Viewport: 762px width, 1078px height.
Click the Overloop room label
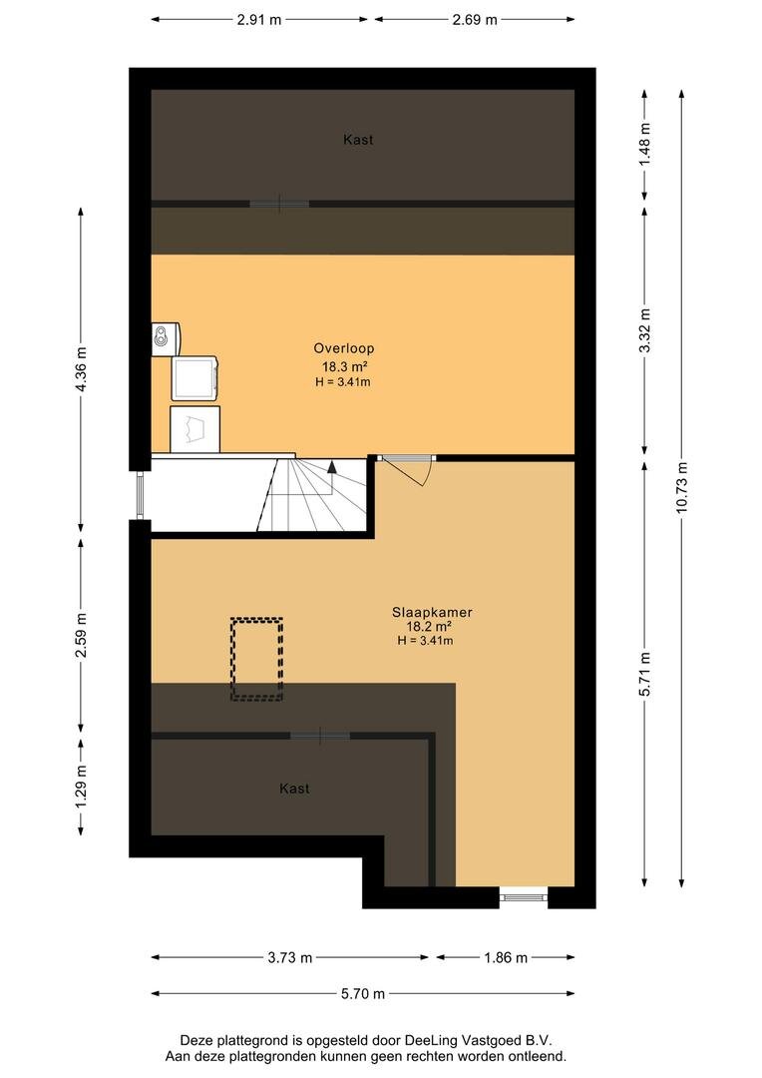click(x=343, y=348)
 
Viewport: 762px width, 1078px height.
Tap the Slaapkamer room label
click(x=432, y=612)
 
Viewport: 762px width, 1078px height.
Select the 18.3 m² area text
click(x=344, y=366)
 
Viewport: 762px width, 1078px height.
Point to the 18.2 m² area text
click(x=429, y=626)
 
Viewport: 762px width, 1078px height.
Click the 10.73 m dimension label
click(x=681, y=487)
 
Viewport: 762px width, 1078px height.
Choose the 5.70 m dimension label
click(x=363, y=993)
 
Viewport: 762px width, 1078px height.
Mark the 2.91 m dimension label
click(x=259, y=19)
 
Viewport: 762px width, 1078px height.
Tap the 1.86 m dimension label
click(x=506, y=957)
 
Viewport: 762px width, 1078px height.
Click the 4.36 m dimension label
click(x=81, y=369)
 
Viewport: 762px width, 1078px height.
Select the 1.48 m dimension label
click(x=644, y=145)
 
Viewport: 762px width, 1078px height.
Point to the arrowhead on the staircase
click(x=332, y=467)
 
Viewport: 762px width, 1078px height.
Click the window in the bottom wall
click(x=523, y=896)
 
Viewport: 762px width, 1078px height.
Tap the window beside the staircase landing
click(x=141, y=495)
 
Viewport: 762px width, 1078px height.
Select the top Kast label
click(x=358, y=140)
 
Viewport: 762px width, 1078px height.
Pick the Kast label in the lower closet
click(x=294, y=789)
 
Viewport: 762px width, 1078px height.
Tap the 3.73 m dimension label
click(x=290, y=957)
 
